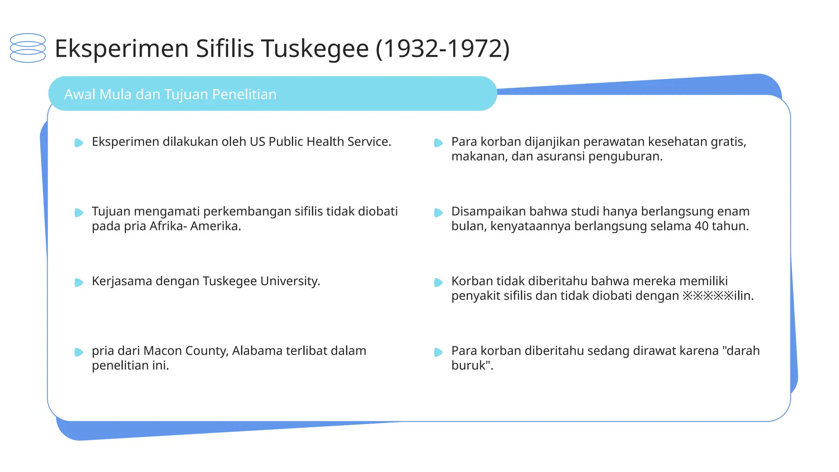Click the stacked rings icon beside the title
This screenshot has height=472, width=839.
pos(28,48)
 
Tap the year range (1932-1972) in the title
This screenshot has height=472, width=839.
pos(442,48)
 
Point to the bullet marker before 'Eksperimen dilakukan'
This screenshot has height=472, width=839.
pos(79,143)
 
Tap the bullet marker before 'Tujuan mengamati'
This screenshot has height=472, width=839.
pos(79,212)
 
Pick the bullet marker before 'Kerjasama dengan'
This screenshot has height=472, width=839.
pos(79,282)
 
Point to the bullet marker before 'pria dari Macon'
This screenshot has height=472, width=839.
pos(79,352)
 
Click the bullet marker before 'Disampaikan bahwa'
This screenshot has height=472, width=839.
pos(438,212)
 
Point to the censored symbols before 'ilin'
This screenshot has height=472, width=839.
pos(707,296)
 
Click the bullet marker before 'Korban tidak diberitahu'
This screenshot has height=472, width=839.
pos(438,282)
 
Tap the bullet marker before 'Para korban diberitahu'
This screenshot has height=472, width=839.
pos(438,352)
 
